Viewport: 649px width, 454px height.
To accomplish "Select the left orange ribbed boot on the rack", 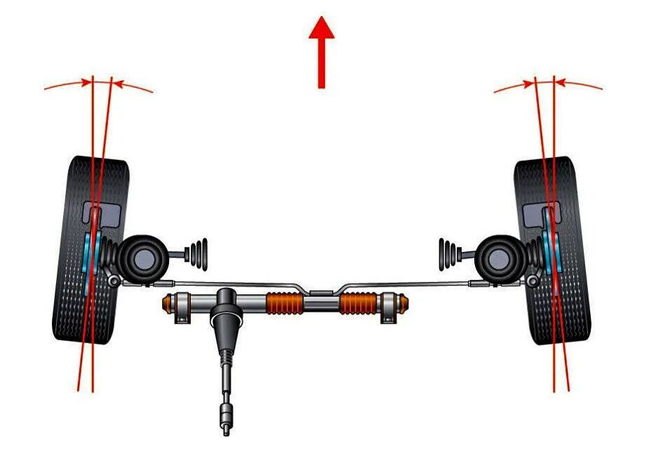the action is pos(284,304).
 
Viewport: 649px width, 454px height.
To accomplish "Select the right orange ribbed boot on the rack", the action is pos(359,304).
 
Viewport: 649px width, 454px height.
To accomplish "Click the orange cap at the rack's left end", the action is pos(168,305).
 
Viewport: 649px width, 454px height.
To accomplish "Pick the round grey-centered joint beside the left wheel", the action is pos(144,255).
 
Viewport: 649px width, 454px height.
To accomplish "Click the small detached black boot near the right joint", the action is pos(449,253).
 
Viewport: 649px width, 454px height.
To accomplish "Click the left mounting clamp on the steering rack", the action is pos(182,309).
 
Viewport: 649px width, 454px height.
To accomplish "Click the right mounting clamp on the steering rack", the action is pos(388,309).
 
